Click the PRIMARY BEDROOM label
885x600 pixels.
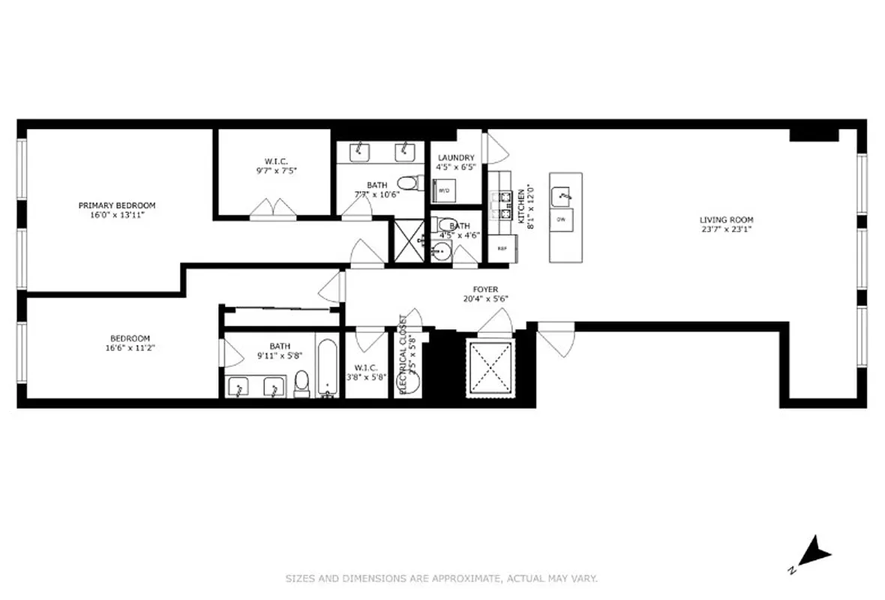pos(117,205)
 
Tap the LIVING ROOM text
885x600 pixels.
pos(726,220)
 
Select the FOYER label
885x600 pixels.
pos(485,289)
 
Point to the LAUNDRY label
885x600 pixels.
pos(457,157)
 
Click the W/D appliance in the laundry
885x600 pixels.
pos(444,190)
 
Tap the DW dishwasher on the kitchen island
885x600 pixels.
pos(561,219)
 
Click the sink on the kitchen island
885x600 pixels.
pos(563,196)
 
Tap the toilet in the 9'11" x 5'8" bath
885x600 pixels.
pos(301,382)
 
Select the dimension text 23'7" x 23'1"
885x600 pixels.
pos(726,229)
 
